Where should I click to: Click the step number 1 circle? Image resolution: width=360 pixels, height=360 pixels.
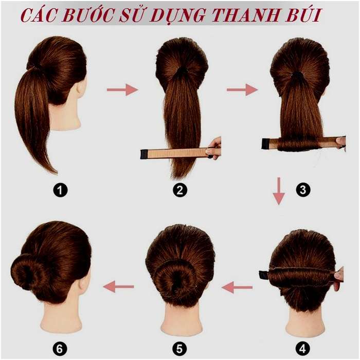click(x=61, y=190)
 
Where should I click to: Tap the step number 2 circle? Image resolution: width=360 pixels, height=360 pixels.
click(x=180, y=190)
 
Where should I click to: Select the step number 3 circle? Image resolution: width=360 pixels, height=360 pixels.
click(x=303, y=190)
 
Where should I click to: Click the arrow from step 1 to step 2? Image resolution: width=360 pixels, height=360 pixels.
click(x=122, y=90)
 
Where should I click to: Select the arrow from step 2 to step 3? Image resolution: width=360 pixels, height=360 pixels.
click(x=242, y=90)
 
